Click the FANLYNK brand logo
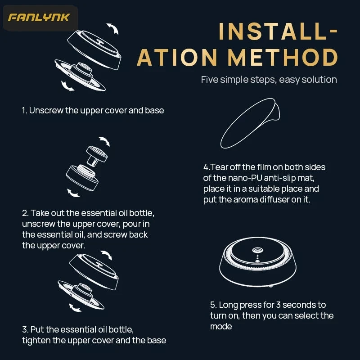39,18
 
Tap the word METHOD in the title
283,57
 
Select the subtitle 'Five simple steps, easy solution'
269,80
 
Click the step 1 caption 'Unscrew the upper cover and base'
96,110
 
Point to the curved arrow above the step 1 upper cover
113,28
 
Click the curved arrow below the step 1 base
67,86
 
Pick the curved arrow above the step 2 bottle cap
105,141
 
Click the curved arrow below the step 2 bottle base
72,193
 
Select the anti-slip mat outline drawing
249,123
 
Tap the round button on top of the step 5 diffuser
257,250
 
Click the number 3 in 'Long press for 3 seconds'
278,305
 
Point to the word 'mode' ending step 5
221,327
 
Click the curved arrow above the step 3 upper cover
107,255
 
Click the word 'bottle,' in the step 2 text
142,213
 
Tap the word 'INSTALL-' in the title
278,31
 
